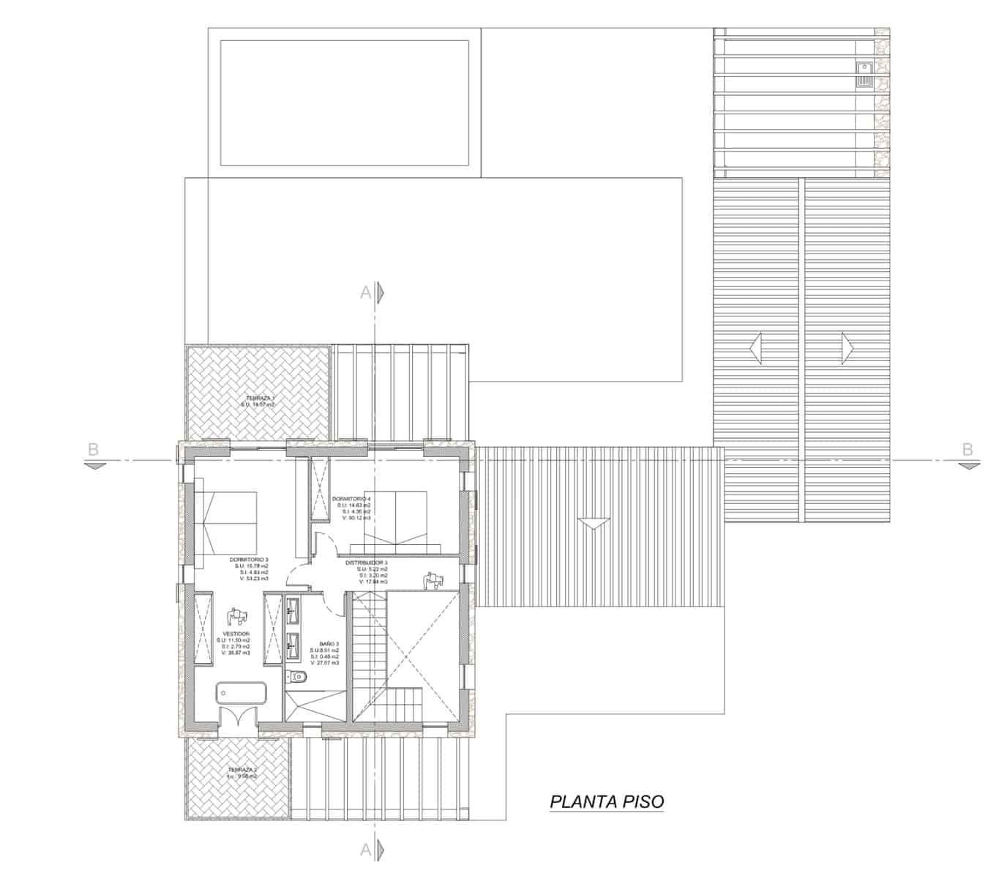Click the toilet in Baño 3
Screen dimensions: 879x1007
[296, 676]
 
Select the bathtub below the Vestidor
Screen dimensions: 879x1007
[242, 693]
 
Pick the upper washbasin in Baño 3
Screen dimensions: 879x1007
[293, 607]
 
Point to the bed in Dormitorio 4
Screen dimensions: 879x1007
[396, 522]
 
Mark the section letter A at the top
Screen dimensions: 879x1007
[365, 292]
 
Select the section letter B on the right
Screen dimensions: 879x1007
[967, 449]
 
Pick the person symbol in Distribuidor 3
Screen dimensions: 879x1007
[433, 581]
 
